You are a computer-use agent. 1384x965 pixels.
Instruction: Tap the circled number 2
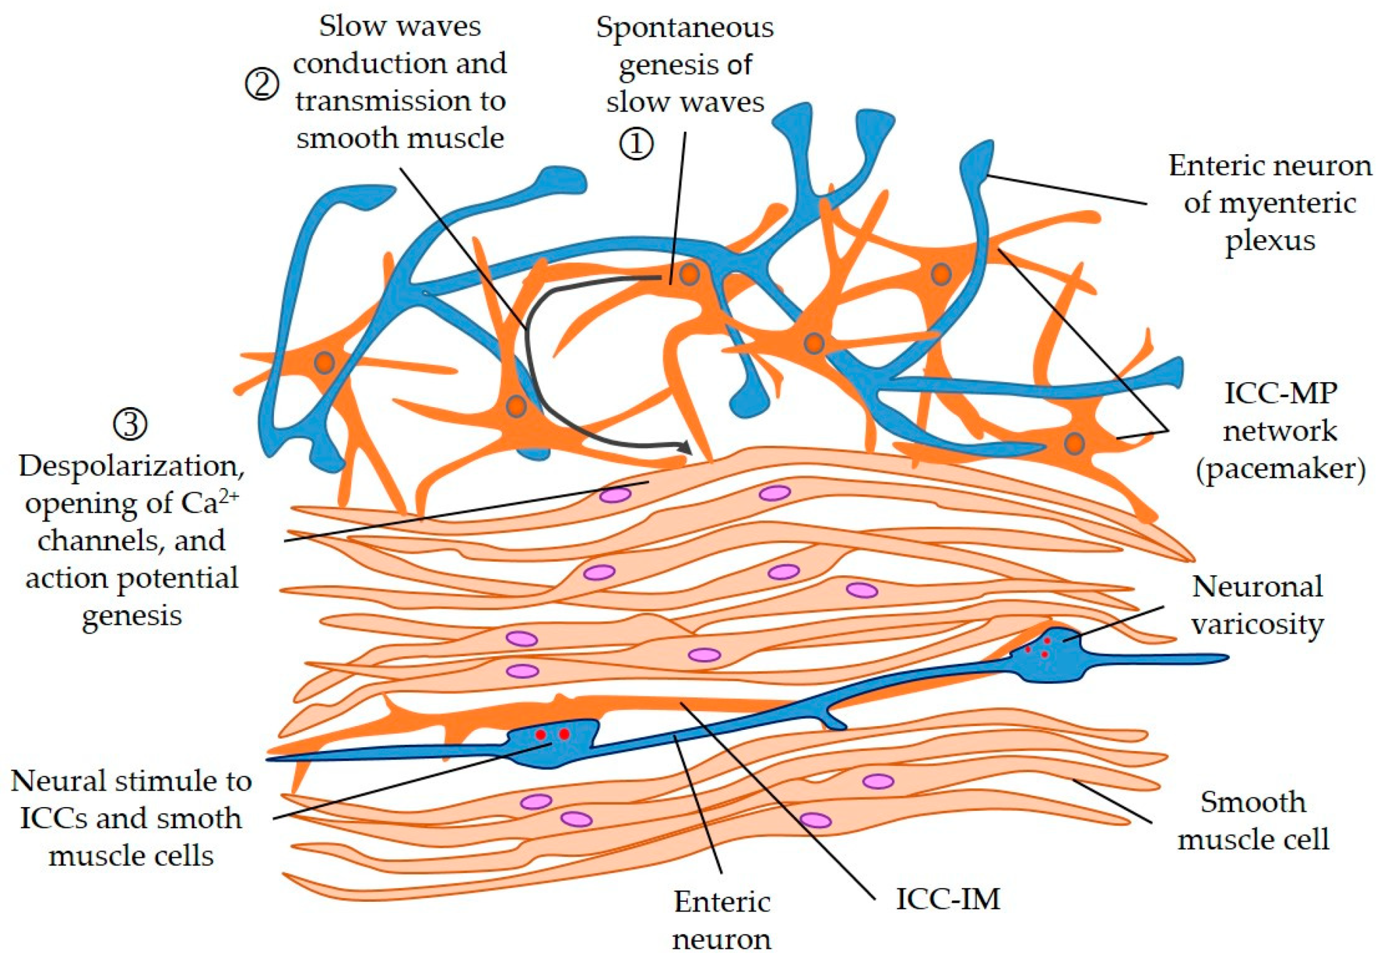pyautogui.click(x=262, y=84)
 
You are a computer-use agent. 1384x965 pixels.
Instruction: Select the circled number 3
pyautogui.click(x=130, y=424)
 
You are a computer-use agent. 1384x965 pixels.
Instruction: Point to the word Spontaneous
pyautogui.click(x=684, y=28)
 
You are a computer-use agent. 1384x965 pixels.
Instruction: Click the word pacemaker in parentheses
pyautogui.click(x=1280, y=468)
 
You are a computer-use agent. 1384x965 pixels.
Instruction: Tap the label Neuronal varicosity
pyautogui.click(x=1257, y=604)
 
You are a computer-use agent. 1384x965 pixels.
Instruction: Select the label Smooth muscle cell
pyautogui.click(x=1253, y=821)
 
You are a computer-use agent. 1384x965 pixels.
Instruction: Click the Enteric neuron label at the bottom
pyautogui.click(x=721, y=920)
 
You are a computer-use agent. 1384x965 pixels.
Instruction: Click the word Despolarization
pyautogui.click(x=131, y=465)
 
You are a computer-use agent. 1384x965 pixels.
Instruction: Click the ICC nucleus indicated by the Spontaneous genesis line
pyautogui.click(x=689, y=275)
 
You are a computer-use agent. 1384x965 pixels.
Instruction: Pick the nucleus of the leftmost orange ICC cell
pyautogui.click(x=324, y=363)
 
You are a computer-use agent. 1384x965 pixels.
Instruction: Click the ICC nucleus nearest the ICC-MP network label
pyautogui.click(x=1074, y=444)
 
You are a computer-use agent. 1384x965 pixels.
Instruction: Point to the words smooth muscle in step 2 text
pyautogui.click(x=400, y=138)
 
